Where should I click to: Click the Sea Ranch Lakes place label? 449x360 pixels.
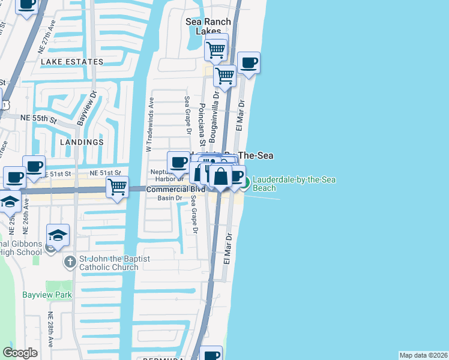coord(208,26)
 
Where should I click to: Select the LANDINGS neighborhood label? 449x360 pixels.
coord(82,142)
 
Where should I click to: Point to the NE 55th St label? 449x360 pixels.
coord(38,119)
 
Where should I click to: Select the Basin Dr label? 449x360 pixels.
coord(169,198)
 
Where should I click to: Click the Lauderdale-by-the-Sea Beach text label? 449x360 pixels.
coord(294,184)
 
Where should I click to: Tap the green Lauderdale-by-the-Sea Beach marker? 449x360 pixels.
coord(246,180)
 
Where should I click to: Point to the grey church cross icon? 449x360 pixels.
coord(70,262)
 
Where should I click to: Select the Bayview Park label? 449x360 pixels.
coord(47,295)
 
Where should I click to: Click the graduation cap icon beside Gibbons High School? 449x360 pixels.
coord(58,235)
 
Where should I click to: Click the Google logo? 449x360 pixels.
coord(20,353)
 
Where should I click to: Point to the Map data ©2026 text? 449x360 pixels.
coord(423,355)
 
